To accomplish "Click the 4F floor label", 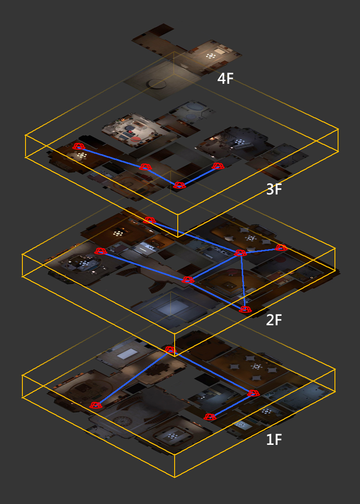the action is point(225,78).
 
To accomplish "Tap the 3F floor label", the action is point(274,190).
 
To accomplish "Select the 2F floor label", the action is point(274,320).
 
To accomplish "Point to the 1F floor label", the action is point(274,439).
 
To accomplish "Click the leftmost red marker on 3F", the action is point(78,146).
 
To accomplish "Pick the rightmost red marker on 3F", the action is point(218,166).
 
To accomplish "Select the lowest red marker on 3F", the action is point(179,185).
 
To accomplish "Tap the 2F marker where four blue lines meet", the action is point(240,253).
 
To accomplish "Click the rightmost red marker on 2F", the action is point(281,247).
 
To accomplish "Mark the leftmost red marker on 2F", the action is point(100,251).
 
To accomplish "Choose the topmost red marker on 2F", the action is point(150,220).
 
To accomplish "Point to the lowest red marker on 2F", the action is point(245,309).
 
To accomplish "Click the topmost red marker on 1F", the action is point(170,350).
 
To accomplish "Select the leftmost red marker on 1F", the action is point(96,405).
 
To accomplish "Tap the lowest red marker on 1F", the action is point(210,417).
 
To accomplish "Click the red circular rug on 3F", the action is point(136,139).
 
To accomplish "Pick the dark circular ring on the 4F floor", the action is point(156,84).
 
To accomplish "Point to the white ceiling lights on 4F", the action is point(210,56).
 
